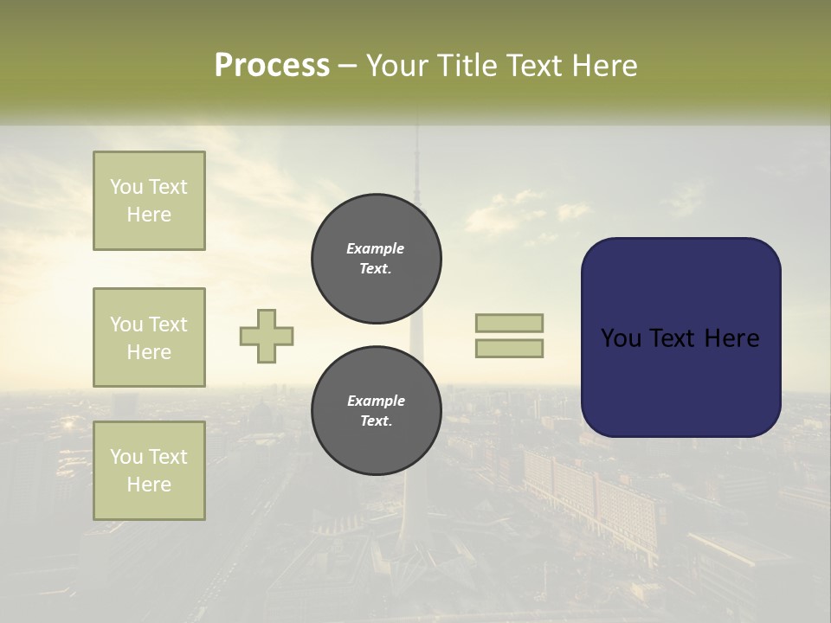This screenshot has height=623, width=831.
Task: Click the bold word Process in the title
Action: click(x=272, y=66)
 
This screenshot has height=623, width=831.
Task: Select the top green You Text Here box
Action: click(x=149, y=201)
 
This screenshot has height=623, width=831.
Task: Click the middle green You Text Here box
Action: click(x=149, y=337)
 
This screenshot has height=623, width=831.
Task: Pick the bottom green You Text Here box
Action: click(x=149, y=471)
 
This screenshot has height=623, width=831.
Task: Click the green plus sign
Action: click(x=267, y=337)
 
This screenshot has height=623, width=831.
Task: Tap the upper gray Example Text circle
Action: click(x=376, y=259)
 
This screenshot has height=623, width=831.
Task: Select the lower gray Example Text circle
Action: click(x=376, y=411)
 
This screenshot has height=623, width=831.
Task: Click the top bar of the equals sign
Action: click(x=510, y=323)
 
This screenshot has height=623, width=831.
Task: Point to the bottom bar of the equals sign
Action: click(x=510, y=348)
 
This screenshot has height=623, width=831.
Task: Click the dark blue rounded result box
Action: click(x=680, y=381)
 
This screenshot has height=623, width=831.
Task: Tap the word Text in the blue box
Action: click(x=679, y=338)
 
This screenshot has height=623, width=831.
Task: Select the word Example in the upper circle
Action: click(x=376, y=249)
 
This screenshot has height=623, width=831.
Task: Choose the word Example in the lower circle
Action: click(x=376, y=401)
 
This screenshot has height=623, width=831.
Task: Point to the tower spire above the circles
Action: click(x=416, y=164)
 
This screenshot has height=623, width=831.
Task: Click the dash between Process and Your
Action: click(x=348, y=67)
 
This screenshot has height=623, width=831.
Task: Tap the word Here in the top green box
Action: click(x=149, y=215)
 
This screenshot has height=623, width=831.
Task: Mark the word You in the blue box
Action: click(x=622, y=338)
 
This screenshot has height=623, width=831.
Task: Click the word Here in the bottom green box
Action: click(x=149, y=485)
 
